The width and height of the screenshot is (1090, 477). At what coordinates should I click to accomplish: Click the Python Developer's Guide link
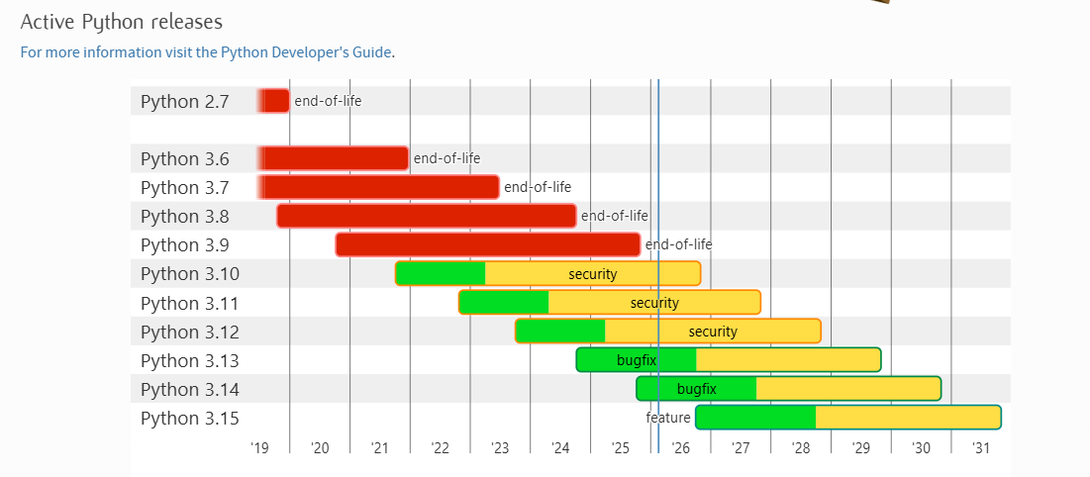206,52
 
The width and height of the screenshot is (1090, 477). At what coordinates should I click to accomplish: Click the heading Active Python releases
122,22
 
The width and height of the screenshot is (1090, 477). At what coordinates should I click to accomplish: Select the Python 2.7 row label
184,102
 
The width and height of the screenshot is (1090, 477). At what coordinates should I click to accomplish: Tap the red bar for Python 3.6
333,158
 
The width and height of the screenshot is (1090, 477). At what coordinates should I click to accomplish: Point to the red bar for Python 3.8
427,217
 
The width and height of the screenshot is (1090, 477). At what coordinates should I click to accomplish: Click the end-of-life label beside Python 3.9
678,244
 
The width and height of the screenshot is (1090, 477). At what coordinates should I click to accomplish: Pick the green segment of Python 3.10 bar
440,274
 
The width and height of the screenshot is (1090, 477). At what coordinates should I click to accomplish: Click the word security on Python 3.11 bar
654,303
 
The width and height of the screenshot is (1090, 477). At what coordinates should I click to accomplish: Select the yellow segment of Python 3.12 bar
713,332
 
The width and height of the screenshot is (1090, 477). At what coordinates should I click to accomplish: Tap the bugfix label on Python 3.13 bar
636,360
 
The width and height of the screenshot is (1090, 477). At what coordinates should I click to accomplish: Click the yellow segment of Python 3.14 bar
848,389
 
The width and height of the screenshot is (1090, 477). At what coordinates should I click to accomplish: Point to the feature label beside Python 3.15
668,418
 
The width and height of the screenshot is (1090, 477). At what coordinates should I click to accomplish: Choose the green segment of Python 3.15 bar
755,418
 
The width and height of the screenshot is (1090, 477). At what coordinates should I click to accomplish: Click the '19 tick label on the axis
259,447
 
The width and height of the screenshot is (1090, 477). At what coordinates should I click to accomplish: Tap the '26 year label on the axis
680,447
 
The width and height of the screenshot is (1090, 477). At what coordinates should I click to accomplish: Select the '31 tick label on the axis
981,447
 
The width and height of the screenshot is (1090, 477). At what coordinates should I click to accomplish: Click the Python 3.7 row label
184,188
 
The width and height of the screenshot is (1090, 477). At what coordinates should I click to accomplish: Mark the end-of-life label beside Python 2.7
328,101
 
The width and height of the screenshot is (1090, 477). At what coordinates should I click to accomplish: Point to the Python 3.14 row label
190,389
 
